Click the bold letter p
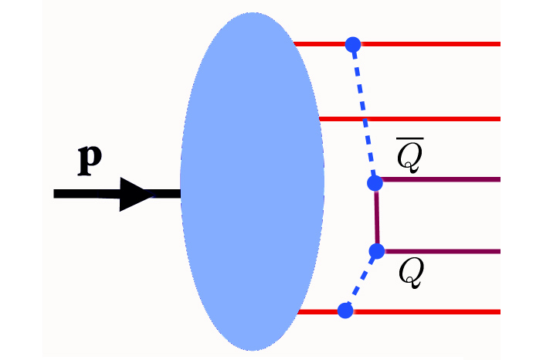click(91, 161)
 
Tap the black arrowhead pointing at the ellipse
click(140, 194)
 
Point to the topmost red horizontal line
click(433, 44)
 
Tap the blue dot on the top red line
click(353, 44)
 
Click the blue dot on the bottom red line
click(345, 311)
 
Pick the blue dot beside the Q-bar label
click(375, 183)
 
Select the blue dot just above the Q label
click(377, 251)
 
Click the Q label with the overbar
click(409, 157)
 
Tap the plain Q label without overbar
click(411, 273)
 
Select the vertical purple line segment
click(376, 217)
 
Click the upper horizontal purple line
click(440, 180)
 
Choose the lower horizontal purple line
click(440, 251)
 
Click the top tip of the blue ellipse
click(252, 14)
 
